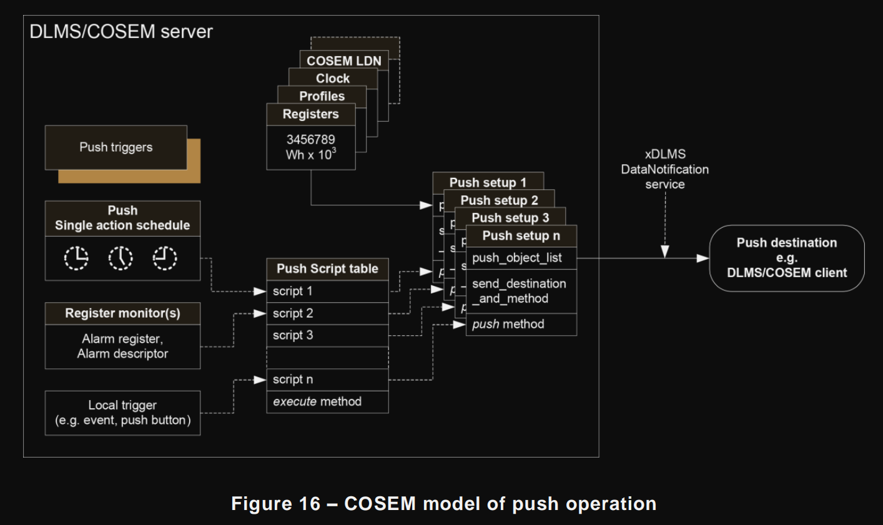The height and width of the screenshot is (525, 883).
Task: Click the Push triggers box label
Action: [116, 147]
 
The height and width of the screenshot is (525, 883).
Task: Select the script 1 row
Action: [327, 292]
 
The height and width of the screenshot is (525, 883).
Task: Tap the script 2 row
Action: [327, 313]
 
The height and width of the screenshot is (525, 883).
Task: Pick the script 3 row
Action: [327, 335]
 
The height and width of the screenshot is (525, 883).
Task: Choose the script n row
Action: [327, 380]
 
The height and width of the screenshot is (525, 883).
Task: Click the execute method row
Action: [327, 401]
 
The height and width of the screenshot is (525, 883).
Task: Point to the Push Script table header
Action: [327, 269]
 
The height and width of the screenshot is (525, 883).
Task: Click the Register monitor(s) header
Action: [122, 313]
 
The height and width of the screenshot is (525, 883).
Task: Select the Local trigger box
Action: [122, 413]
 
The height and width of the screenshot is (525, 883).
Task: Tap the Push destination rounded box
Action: [786, 258]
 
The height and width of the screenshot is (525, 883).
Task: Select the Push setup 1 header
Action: [488, 182]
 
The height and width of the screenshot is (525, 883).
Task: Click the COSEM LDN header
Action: [343, 61]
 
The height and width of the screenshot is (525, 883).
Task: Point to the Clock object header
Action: [333, 79]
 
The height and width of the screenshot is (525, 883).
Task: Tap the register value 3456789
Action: [310, 140]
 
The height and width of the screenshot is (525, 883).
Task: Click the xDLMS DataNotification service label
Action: [664, 169]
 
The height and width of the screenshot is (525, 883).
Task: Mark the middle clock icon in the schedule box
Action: [121, 258]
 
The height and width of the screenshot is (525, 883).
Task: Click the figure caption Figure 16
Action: [443, 504]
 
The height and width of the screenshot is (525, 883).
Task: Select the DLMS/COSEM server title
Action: [121, 32]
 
